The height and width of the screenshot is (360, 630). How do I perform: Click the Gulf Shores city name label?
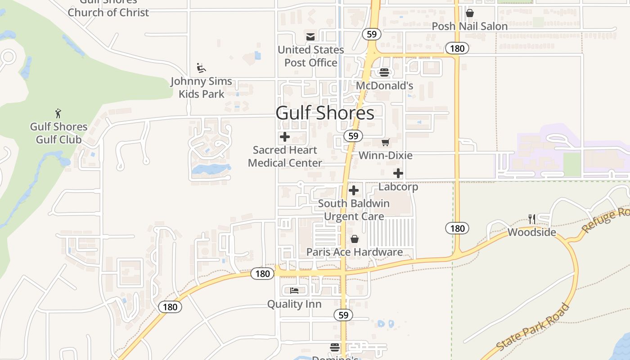coord(324,113)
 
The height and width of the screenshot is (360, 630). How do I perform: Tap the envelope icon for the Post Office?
coord(310,37)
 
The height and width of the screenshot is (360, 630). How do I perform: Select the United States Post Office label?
coord(310,56)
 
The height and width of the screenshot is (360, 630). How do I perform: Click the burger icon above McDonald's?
coord(384,72)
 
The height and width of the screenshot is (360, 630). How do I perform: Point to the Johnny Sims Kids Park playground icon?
coord(201,68)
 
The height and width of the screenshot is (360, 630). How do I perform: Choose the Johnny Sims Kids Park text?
coord(201,87)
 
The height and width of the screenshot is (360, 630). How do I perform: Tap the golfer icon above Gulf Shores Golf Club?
coord(58,113)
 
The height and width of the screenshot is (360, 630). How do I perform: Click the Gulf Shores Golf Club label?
coord(58,133)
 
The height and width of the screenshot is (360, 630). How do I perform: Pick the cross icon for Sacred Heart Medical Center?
coord(284,137)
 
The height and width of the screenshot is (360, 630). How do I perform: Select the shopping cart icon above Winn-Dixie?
coord(385,143)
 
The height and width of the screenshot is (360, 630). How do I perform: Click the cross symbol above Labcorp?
coord(398,173)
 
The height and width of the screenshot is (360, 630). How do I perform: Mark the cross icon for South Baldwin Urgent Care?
coord(354,190)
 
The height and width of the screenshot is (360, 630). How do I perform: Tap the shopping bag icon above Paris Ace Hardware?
coord(355,238)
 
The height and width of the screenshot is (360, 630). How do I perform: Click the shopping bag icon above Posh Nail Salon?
coord(470,13)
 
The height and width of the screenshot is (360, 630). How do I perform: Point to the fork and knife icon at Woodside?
coord(532,219)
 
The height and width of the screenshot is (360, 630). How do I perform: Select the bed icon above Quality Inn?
coord(294,291)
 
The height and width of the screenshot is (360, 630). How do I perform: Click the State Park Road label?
coord(534,327)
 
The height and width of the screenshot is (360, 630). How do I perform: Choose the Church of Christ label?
coord(108,12)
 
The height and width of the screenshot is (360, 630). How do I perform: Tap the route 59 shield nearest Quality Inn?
coord(343,315)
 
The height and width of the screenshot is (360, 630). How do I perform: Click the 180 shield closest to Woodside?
coord(457,228)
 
